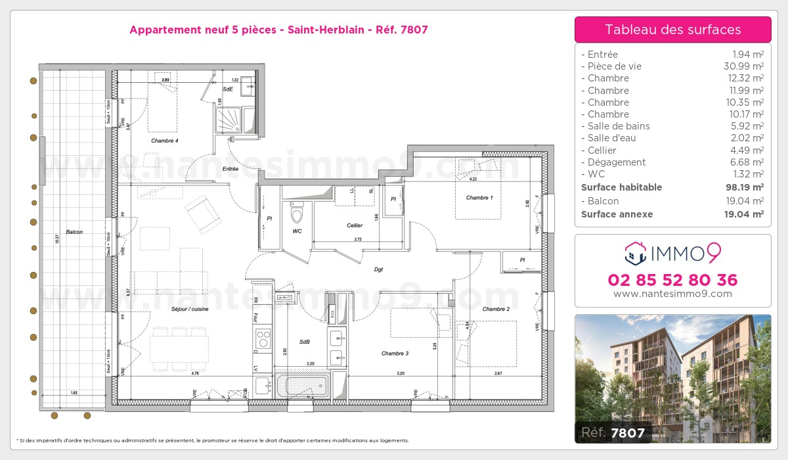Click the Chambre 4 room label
click(164, 141)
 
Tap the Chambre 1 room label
click(479, 198)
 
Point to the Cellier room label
click(355, 225)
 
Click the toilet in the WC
click(297, 214)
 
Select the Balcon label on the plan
click(74, 232)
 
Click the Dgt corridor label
click(379, 269)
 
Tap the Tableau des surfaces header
click(672, 30)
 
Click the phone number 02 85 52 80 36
click(672, 280)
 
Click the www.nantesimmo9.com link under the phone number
click(672, 294)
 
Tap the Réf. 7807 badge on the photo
click(611, 432)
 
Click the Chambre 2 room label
click(496, 309)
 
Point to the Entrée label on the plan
click(230, 169)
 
